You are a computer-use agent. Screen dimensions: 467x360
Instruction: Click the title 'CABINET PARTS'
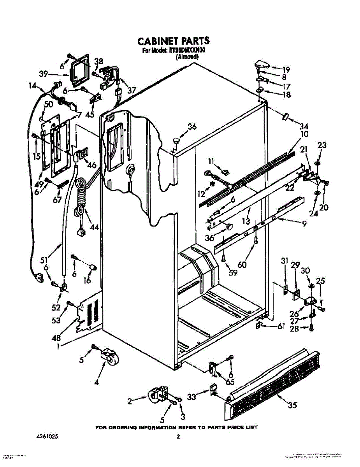[173, 40]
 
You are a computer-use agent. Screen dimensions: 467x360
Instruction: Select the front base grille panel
[272, 385]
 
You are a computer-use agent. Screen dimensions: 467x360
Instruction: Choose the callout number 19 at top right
[286, 70]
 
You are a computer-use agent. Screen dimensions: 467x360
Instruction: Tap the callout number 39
[43, 74]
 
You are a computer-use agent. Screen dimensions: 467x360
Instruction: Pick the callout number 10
[304, 134]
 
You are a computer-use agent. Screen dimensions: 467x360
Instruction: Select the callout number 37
[131, 90]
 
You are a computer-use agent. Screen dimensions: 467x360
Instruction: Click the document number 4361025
[45, 437]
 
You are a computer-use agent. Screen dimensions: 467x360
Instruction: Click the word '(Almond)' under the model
[187, 56]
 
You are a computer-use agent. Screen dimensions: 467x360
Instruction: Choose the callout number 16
[87, 280]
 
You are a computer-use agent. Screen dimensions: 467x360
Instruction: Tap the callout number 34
[304, 126]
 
